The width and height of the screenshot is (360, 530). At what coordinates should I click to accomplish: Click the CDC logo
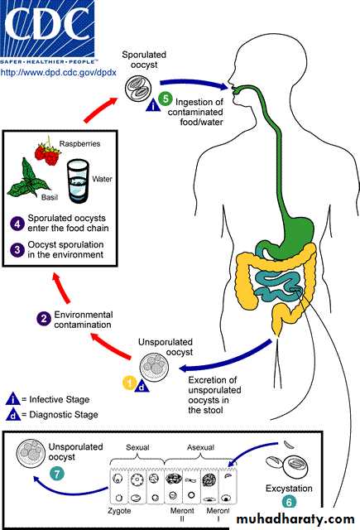[x=47, y=32]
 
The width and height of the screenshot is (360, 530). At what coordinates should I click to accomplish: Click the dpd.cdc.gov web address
[x=59, y=72]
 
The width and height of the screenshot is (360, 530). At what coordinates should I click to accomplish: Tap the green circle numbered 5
[x=166, y=99]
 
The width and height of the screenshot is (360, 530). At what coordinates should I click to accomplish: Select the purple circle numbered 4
[x=17, y=224]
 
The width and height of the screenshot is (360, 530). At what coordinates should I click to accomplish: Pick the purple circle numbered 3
[x=17, y=250]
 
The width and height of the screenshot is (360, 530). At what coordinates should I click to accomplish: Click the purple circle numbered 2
[x=44, y=318]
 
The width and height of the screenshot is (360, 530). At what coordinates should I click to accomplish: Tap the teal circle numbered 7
[x=57, y=474]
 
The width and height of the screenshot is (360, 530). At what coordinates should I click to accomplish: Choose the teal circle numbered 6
[x=289, y=502]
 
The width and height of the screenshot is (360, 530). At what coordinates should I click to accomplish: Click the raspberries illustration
[x=48, y=152]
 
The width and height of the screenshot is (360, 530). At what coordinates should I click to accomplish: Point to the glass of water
[x=78, y=181]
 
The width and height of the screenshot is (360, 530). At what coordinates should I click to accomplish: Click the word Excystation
[x=289, y=489]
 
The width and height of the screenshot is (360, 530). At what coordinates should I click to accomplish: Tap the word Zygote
[x=119, y=511]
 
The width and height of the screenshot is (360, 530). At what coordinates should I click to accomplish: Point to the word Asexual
[x=200, y=447]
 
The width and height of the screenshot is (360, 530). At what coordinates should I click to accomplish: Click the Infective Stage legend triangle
[x=13, y=399]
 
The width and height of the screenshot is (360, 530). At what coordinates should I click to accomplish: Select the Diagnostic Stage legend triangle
[x=13, y=414]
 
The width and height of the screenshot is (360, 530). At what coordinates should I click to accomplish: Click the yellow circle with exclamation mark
[x=129, y=383]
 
